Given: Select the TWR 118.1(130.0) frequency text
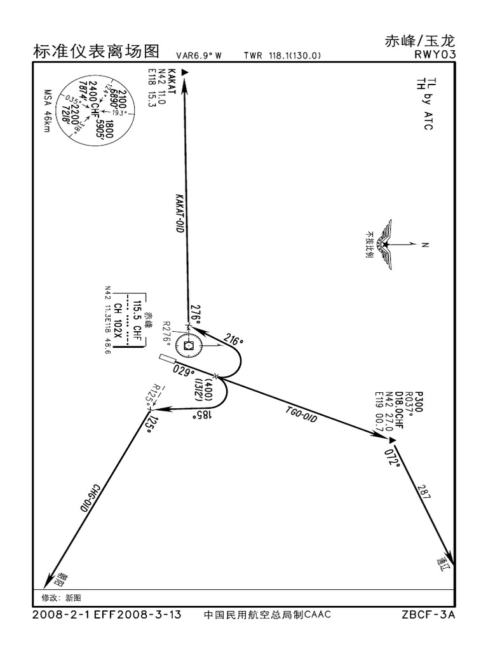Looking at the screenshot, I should click(282, 55).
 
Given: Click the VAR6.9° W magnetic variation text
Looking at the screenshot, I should click(199, 55).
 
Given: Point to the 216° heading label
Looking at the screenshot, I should click(233, 341).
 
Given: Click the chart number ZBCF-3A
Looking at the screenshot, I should click(429, 615).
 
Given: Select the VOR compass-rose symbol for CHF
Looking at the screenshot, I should click(189, 346).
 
